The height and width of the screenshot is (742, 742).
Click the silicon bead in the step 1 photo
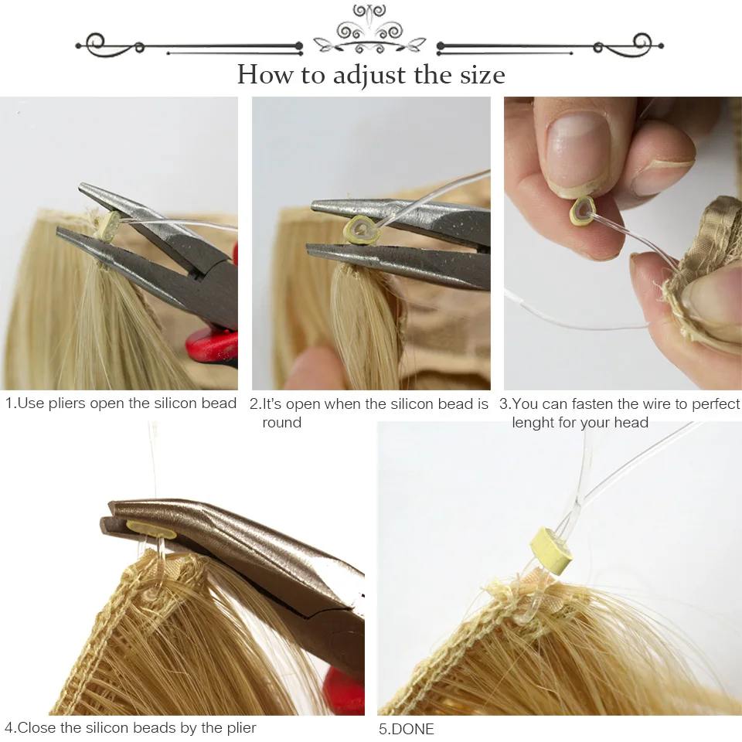pos(107,225)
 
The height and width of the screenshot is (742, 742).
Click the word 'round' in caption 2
pos(281,423)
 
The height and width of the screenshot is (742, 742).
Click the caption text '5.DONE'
pos(406,729)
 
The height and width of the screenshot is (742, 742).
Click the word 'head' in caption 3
pos(631,423)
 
